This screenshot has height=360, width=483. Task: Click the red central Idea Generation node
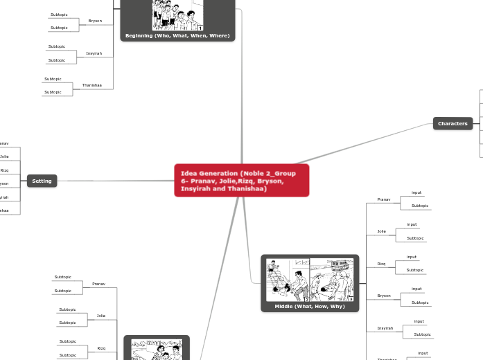click(x=241, y=180)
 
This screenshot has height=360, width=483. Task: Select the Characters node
click(x=453, y=123)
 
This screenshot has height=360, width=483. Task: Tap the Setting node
click(x=42, y=181)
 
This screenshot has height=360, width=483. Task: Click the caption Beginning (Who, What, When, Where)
click(x=177, y=35)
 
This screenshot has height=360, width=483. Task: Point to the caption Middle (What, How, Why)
click(x=310, y=306)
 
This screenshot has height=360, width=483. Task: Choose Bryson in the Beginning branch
click(x=95, y=21)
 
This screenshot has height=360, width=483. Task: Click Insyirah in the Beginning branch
click(x=94, y=53)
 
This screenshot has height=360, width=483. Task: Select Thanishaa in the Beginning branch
click(x=91, y=85)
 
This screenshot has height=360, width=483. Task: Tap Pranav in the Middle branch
click(x=383, y=199)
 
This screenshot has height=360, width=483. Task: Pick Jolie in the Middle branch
click(x=381, y=231)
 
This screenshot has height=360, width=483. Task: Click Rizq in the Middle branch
click(x=381, y=264)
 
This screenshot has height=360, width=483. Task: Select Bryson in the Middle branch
click(x=383, y=296)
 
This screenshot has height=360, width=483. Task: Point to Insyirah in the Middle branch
click(x=385, y=328)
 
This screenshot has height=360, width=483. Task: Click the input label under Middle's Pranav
click(x=416, y=192)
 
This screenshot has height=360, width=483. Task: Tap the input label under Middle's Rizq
click(x=412, y=257)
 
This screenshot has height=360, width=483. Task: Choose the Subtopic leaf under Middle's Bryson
click(x=420, y=303)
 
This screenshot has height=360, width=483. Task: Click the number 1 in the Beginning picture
click(x=200, y=28)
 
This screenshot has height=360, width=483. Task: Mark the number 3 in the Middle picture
click(x=351, y=298)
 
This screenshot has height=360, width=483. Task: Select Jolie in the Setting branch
click(x=5, y=156)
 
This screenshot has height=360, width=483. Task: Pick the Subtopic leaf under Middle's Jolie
click(x=415, y=238)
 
